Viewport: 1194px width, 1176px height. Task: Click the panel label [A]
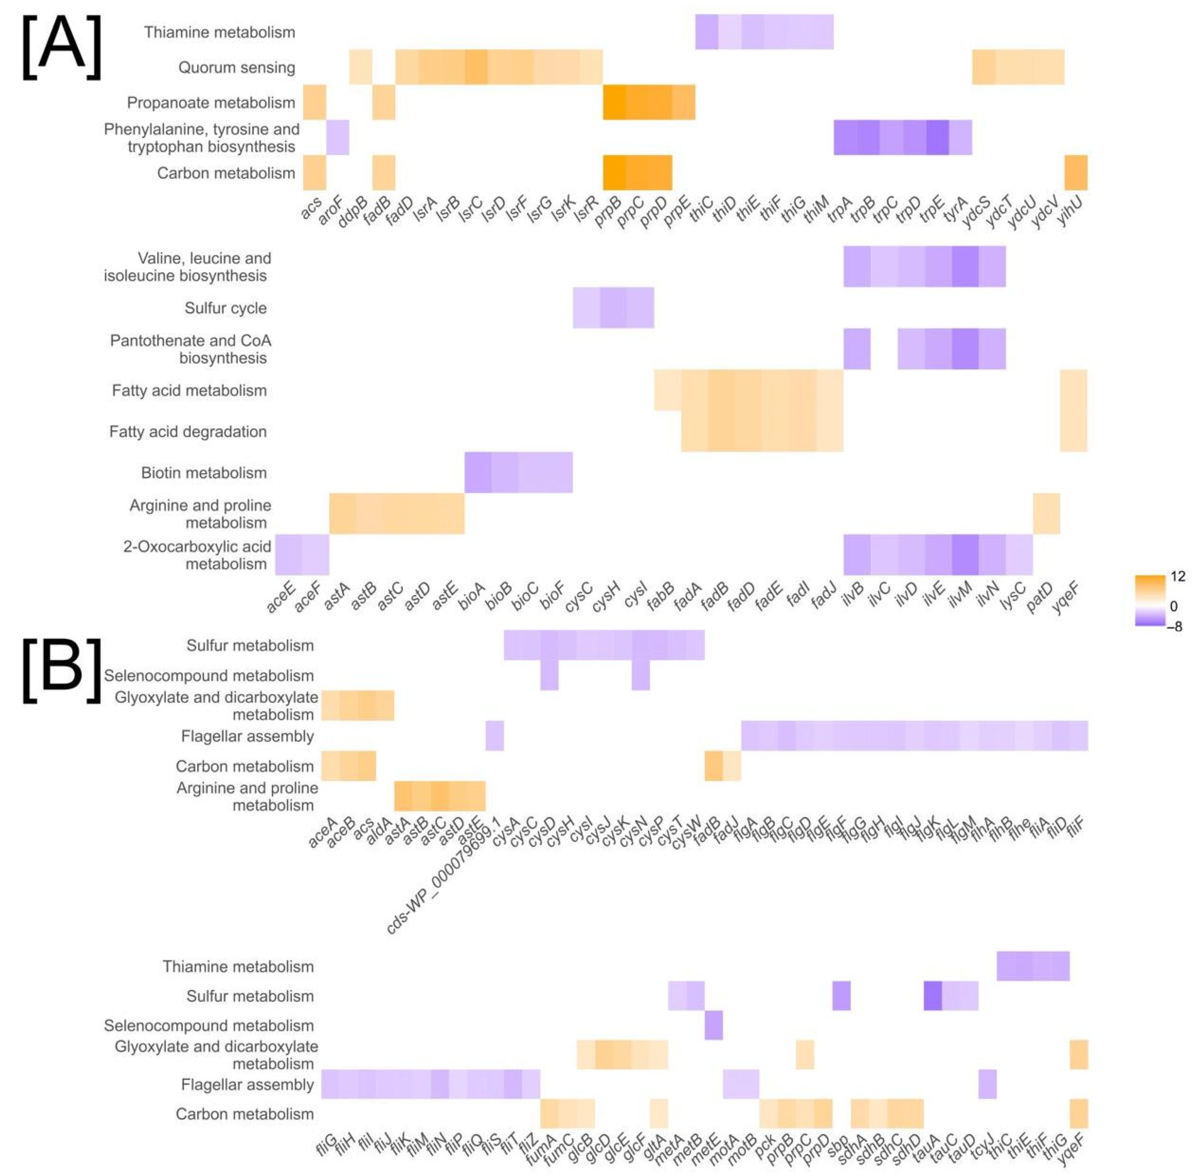[62, 47]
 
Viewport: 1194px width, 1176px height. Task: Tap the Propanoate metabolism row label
[211, 103]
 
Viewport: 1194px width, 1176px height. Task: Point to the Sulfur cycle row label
[225, 308]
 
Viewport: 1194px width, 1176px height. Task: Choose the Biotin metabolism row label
[204, 473]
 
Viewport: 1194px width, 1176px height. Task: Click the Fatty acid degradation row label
[188, 432]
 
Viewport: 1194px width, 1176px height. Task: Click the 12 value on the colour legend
[1177, 576]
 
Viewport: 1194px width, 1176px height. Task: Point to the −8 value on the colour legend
[1174, 626]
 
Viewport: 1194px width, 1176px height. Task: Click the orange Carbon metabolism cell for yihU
[1076, 173]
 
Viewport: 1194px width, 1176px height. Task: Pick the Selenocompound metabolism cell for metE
[713, 1025]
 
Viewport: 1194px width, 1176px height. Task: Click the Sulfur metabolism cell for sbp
[841, 996]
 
